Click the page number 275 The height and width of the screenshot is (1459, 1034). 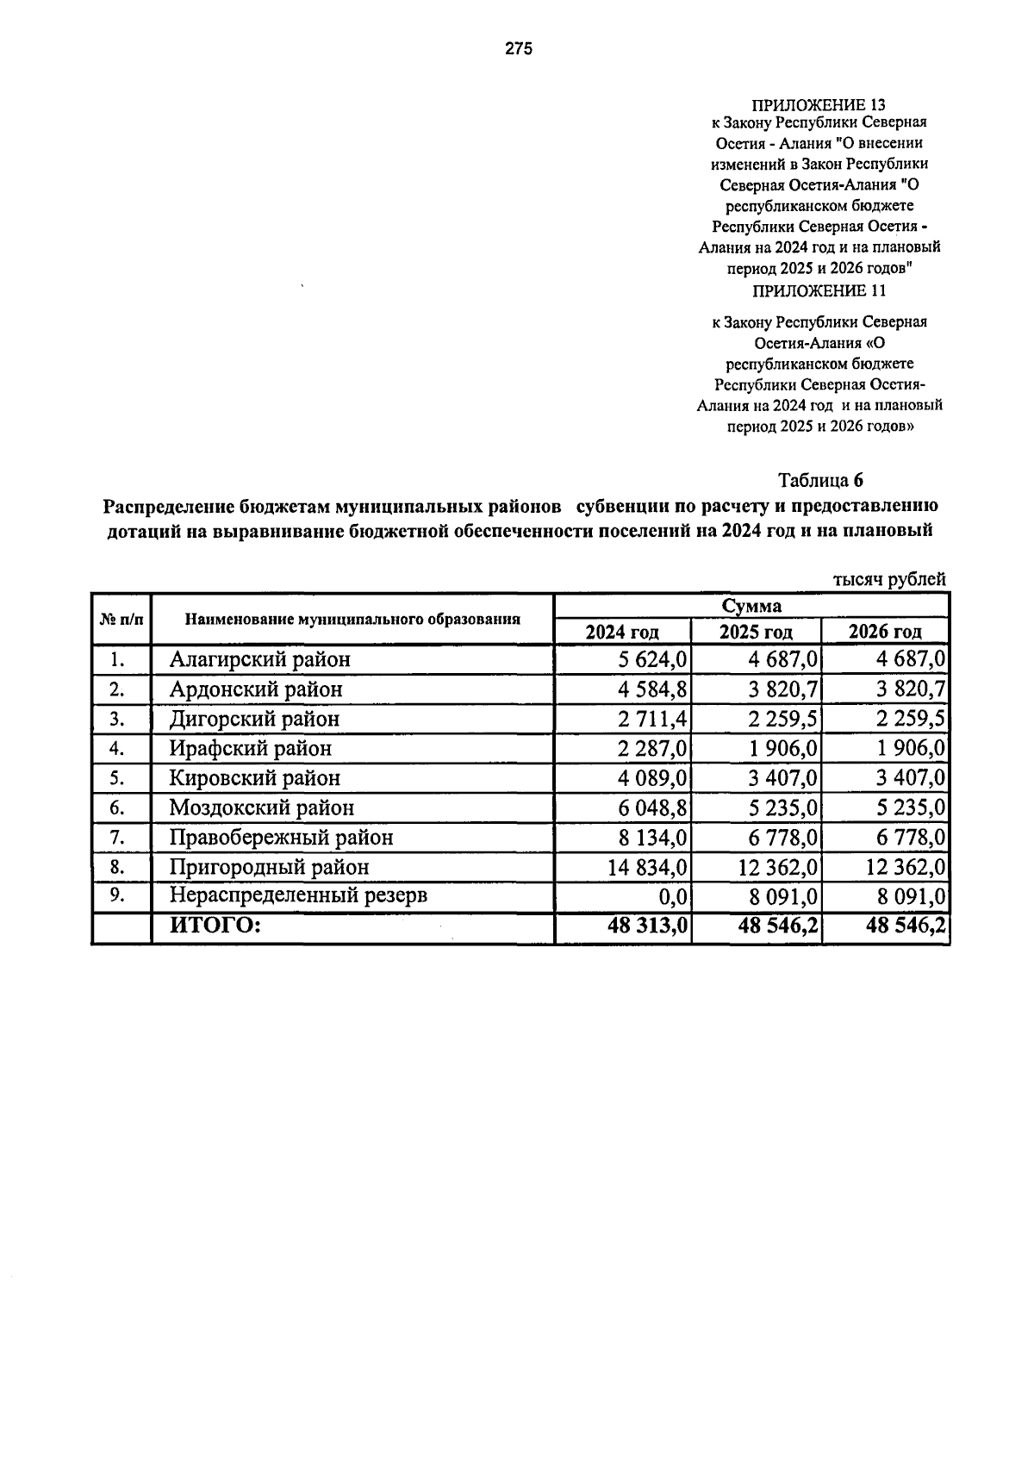coord(519,49)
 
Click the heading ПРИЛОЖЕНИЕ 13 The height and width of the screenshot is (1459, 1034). coord(819,105)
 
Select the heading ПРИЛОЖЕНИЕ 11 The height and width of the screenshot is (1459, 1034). coord(819,290)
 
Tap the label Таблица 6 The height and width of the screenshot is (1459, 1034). coord(819,480)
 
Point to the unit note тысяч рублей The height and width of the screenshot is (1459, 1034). coord(888,580)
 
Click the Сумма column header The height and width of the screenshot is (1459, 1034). coord(751,606)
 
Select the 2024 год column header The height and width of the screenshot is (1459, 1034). coord(622,632)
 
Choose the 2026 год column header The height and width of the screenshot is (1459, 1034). coord(885,632)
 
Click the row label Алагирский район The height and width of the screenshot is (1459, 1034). coord(260,660)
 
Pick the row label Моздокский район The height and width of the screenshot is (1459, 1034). coord(262,807)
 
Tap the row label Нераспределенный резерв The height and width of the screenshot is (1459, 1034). coord(298,895)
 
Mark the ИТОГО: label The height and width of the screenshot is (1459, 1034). coord(215,926)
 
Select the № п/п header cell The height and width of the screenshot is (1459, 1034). coord(120,619)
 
